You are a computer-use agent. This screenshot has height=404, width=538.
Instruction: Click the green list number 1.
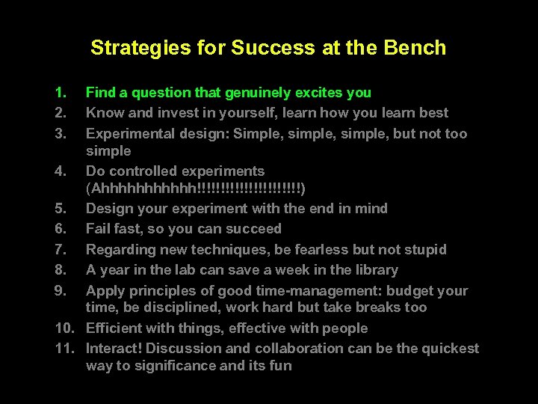(x=60, y=93)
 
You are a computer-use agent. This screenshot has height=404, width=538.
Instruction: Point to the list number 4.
(x=60, y=171)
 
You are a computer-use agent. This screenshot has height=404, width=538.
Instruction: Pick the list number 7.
(x=60, y=249)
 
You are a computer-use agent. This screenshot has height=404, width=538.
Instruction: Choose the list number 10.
(x=63, y=328)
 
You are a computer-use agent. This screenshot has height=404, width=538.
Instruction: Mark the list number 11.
(x=63, y=349)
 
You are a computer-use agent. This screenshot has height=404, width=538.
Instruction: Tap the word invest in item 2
(x=174, y=113)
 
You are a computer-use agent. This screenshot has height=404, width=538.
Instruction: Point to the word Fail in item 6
(x=99, y=229)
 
